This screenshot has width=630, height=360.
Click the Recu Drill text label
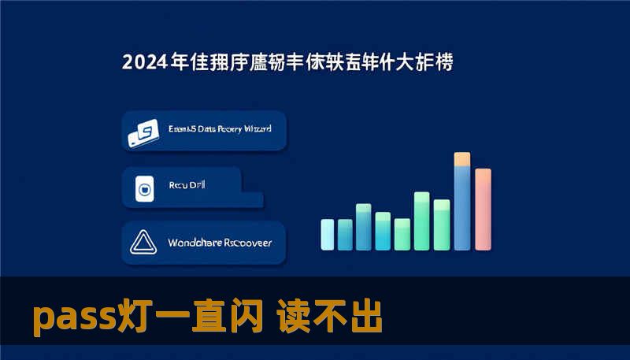pyautogui.click(x=187, y=185)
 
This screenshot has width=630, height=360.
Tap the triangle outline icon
pyautogui.click(x=143, y=243)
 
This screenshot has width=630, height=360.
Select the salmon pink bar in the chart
pyautogui.click(x=483, y=209)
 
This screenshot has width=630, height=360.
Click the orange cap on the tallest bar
pyautogui.click(x=462, y=159)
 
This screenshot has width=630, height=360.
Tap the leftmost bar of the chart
pyautogui.click(x=328, y=234)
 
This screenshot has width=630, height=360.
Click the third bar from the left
pyautogui.click(x=364, y=226)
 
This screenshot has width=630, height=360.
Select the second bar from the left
pyautogui.click(x=345, y=234)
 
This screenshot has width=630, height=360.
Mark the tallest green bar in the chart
pyautogui.click(x=422, y=221)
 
